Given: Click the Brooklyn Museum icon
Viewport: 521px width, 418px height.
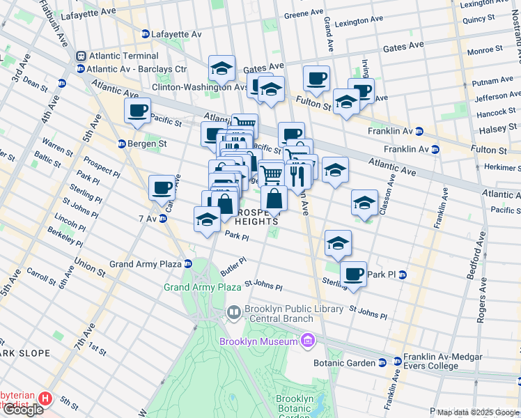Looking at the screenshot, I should [308, 341].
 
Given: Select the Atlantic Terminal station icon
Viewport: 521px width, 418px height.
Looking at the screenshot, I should [81, 56].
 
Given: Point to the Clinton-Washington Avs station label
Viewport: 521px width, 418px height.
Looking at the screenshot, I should [200, 88].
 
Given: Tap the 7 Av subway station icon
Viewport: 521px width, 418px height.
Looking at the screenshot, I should [163, 219].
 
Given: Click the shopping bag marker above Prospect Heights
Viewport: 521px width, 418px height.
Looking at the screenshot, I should [274, 198].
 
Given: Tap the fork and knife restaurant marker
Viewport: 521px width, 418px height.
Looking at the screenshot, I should [298, 174].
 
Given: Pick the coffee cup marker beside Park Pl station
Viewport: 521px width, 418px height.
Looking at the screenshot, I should [354, 272].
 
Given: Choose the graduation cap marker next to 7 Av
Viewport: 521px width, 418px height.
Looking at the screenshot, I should [206, 219].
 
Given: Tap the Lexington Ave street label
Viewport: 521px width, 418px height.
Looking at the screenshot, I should [360, 23].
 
